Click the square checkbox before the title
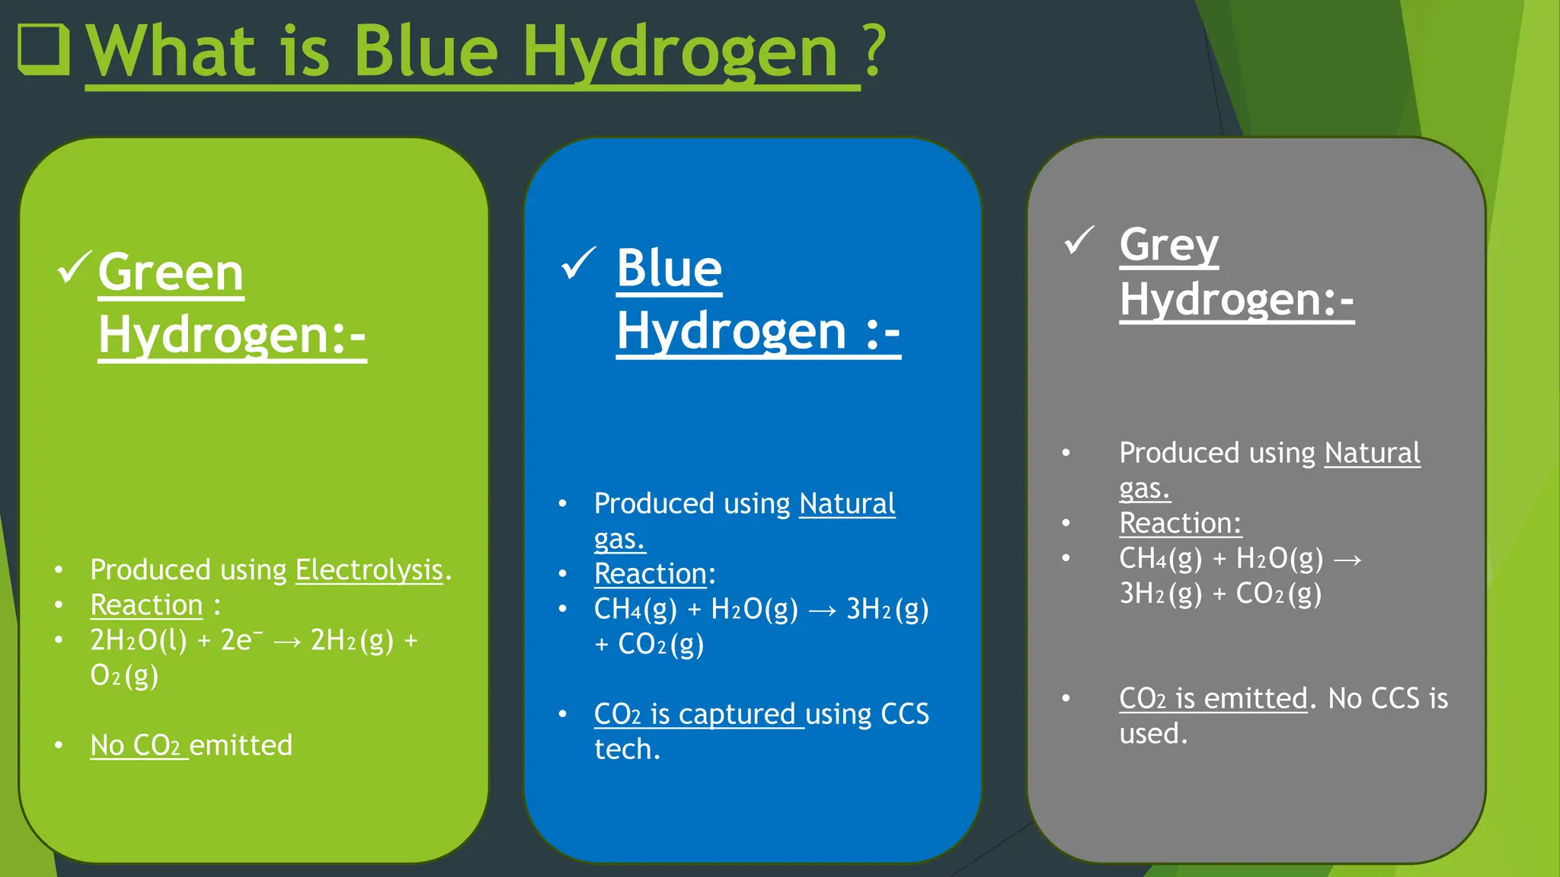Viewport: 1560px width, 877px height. pyautogui.click(x=43, y=49)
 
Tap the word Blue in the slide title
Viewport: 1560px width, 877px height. pyautogui.click(x=426, y=52)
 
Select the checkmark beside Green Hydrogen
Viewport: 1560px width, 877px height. pyautogui.click(x=74, y=267)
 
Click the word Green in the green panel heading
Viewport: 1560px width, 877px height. pyautogui.click(x=171, y=273)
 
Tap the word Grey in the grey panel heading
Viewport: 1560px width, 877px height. pyautogui.click(x=1168, y=245)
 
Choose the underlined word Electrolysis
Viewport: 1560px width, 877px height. pyautogui.click(x=369, y=569)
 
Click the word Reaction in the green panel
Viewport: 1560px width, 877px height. pyautogui.click(x=146, y=605)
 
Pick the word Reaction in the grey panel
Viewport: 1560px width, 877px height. pyautogui.click(x=1179, y=523)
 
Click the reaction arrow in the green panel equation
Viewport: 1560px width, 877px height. pyautogui.click(x=286, y=643)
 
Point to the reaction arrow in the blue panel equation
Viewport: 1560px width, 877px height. pyautogui.click(x=822, y=611)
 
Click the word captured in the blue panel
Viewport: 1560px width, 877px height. pyautogui.click(x=737, y=714)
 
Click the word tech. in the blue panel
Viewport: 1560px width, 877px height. pyautogui.click(x=627, y=749)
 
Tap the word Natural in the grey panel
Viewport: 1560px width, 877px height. pyautogui.click(x=1372, y=453)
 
